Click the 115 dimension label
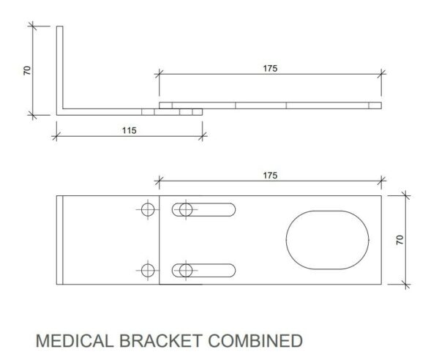(130, 130)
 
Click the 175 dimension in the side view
(270, 69)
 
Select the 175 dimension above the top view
(270, 176)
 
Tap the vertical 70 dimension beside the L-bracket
(27, 70)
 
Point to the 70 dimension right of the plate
(400, 240)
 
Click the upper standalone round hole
(148, 203)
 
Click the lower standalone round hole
(148, 264)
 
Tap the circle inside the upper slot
(186, 203)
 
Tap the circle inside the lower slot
(186, 264)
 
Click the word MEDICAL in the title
(75, 341)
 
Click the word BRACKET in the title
(161, 341)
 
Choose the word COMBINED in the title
(255, 341)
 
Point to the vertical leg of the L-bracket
(60, 67)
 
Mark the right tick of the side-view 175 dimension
(381, 74)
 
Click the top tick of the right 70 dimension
(405, 195)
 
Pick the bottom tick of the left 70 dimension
(33, 115)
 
